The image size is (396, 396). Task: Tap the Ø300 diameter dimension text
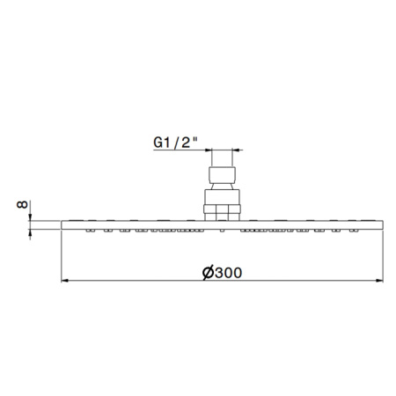(x=221, y=273)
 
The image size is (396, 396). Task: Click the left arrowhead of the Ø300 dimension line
(x=63, y=282)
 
